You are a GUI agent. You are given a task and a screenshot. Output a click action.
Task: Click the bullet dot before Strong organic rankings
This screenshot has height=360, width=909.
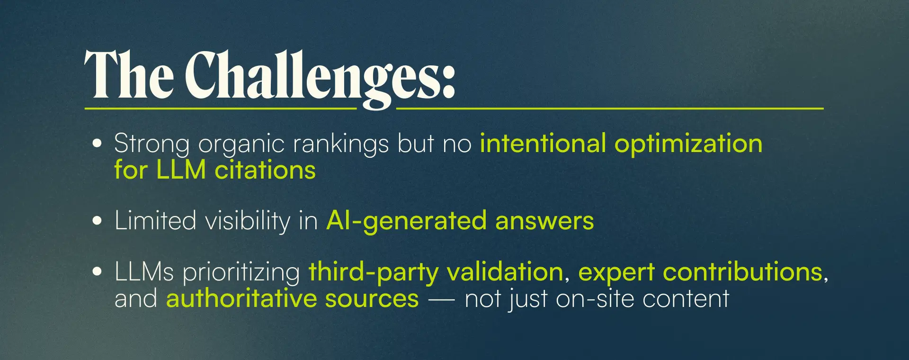click(x=97, y=144)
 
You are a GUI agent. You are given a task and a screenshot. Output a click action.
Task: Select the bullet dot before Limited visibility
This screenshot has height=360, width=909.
click(x=97, y=220)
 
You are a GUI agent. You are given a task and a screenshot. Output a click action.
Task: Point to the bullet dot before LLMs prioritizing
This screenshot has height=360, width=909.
click(x=97, y=271)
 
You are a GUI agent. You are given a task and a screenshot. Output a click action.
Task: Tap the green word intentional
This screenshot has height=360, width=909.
click(x=543, y=143)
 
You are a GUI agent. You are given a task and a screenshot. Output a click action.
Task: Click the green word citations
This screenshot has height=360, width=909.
click(x=265, y=170)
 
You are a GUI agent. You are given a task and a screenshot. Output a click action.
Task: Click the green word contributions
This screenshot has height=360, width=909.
click(x=742, y=271)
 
